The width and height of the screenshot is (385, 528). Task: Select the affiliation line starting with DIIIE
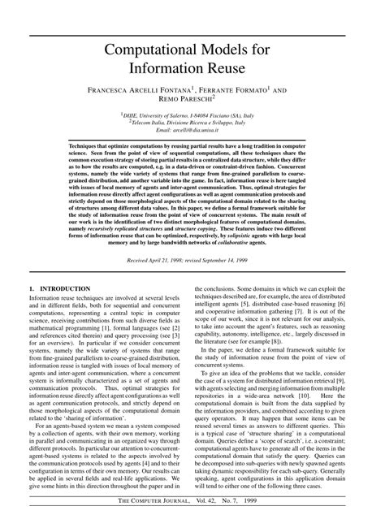(x=192, y=115)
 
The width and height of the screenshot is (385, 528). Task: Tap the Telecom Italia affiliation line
(x=192, y=123)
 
